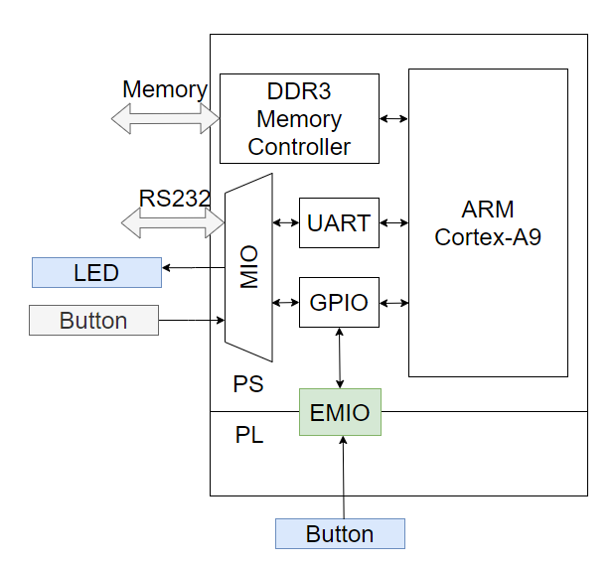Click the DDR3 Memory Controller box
click(x=299, y=119)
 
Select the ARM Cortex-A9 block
click(x=488, y=223)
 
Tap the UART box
click(x=339, y=222)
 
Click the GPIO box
click(x=339, y=302)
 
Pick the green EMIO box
click(x=340, y=412)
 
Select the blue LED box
click(x=96, y=272)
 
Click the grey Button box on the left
click(x=93, y=320)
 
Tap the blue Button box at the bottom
click(x=340, y=533)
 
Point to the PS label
click(x=248, y=383)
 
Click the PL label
click(x=249, y=434)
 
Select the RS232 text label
click(x=174, y=198)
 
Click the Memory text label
click(x=164, y=89)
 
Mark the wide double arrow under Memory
click(x=165, y=118)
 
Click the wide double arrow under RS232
click(x=173, y=223)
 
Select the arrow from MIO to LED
click(x=194, y=267)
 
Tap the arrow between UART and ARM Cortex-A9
click(x=393, y=222)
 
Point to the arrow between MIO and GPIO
click(x=285, y=302)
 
